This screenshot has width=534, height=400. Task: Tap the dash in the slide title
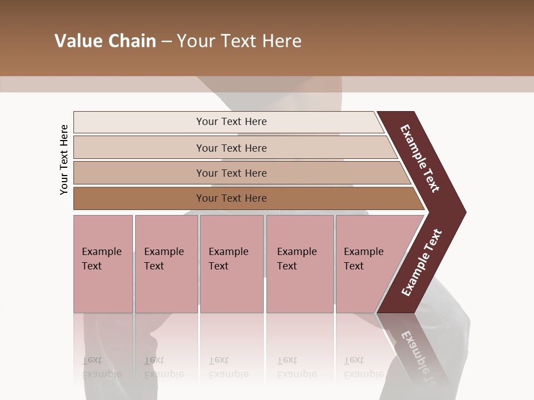click(166, 42)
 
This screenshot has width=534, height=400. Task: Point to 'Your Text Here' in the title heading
click(239, 41)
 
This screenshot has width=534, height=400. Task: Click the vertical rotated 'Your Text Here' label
click(64, 159)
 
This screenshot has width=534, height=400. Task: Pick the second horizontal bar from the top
click(231, 148)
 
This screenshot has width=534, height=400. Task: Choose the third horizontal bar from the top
click(231, 173)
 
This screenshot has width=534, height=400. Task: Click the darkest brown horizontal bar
click(231, 198)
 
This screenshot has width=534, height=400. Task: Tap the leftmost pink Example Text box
click(103, 264)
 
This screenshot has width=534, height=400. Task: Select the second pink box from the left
click(166, 264)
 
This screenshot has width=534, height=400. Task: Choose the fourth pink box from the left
click(299, 264)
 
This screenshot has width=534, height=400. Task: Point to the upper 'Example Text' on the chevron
click(420, 158)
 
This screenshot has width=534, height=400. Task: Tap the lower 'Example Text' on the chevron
click(422, 262)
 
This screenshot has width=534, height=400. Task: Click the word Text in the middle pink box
click(219, 266)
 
